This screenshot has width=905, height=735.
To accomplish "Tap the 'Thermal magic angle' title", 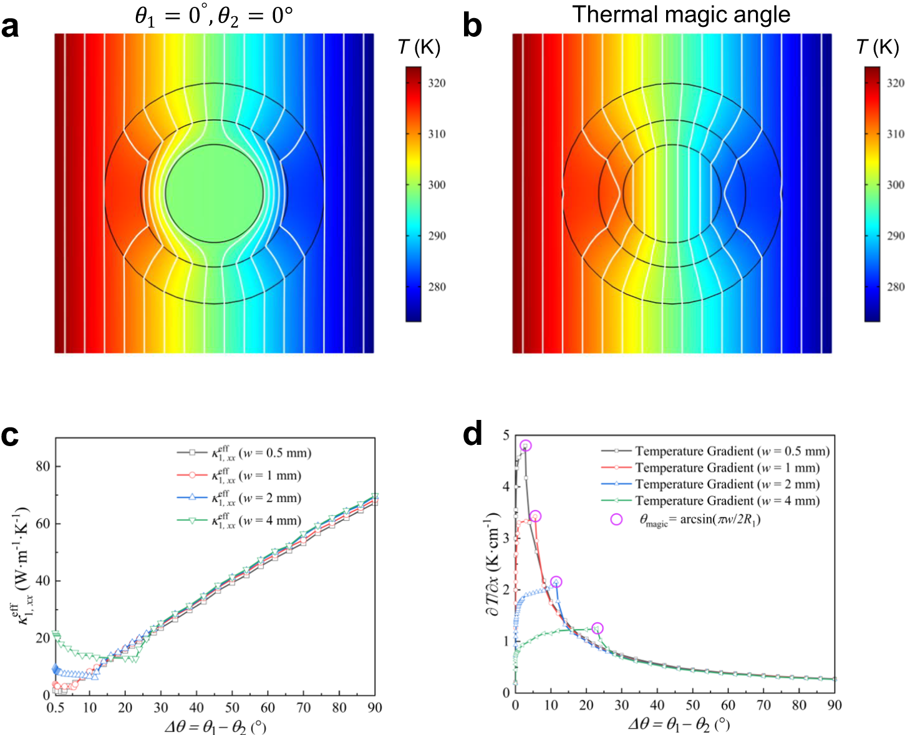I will (681, 14).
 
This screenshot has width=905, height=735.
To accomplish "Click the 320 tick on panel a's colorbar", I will (437, 83).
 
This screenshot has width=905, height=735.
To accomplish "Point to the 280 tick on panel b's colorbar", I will (895, 287).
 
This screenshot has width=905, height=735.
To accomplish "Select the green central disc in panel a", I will (214, 193).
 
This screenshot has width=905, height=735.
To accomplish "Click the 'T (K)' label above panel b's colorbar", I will (878, 47).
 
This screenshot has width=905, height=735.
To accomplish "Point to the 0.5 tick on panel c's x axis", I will (55, 708).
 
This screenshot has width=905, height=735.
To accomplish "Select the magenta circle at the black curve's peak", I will (525, 445).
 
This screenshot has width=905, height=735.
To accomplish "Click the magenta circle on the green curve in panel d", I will (597, 628).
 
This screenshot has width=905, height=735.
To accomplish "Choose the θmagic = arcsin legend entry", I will (699, 520).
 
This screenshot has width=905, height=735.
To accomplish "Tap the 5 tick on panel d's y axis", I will (505, 435).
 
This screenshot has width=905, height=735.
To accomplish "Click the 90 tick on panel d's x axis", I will (834, 706).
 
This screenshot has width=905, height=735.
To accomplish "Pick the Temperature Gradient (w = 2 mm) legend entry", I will (727, 484).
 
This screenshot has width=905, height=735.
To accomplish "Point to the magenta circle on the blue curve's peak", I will (556, 582).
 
